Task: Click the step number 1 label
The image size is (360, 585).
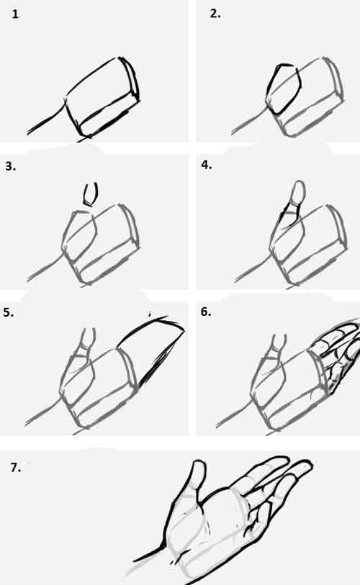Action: click(x=15, y=14)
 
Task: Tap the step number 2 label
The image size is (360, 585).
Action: click(x=215, y=14)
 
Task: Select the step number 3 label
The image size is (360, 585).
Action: click(x=10, y=166)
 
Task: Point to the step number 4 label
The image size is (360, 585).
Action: click(x=207, y=165)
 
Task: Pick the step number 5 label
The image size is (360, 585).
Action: click(x=8, y=312)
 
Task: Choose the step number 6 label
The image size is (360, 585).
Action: click(x=206, y=312)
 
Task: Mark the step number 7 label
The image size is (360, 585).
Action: click(x=15, y=468)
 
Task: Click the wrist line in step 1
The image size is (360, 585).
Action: click(x=47, y=118)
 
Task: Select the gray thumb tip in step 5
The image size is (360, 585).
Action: click(x=89, y=337)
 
